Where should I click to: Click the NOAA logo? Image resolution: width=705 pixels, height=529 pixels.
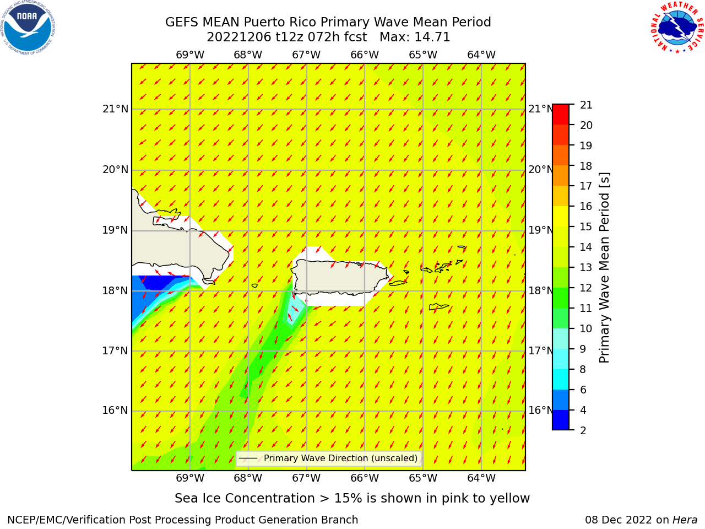click(28, 28)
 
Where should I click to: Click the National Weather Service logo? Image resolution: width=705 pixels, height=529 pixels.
click(677, 28)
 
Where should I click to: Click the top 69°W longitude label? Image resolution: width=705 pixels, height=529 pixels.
click(190, 55)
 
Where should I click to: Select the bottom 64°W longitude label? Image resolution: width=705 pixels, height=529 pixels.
click(481, 478)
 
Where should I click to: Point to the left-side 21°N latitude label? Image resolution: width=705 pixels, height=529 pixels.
click(115, 109)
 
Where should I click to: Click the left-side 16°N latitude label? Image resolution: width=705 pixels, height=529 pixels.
click(115, 411)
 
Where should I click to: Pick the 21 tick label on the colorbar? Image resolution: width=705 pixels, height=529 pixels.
click(586, 105)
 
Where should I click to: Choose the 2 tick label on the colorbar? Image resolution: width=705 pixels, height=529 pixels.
click(583, 430)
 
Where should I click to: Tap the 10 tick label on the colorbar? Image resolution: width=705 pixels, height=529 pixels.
click(586, 328)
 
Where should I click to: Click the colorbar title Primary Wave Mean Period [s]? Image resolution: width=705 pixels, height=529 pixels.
click(604, 268)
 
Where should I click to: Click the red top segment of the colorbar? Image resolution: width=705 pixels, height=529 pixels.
click(561, 115)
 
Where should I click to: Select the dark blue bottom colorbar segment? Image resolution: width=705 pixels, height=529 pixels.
click(561, 420)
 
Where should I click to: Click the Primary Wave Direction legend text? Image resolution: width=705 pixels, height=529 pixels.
click(340, 458)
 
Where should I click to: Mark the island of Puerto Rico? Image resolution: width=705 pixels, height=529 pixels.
click(340, 278)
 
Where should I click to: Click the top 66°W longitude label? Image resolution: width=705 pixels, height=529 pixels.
click(365, 55)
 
